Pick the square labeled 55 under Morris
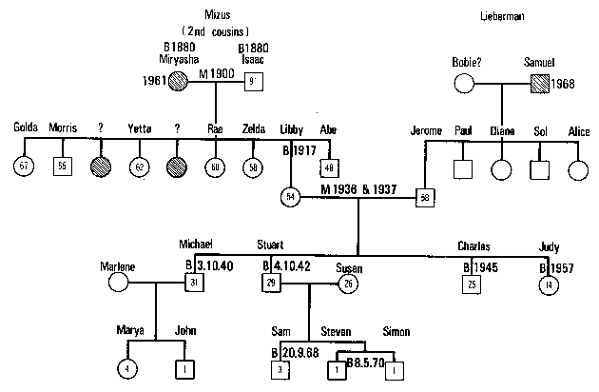63,167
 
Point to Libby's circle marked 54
291,197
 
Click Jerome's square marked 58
424,197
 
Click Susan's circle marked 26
347,284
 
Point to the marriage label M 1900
217,73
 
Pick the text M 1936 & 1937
358,189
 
